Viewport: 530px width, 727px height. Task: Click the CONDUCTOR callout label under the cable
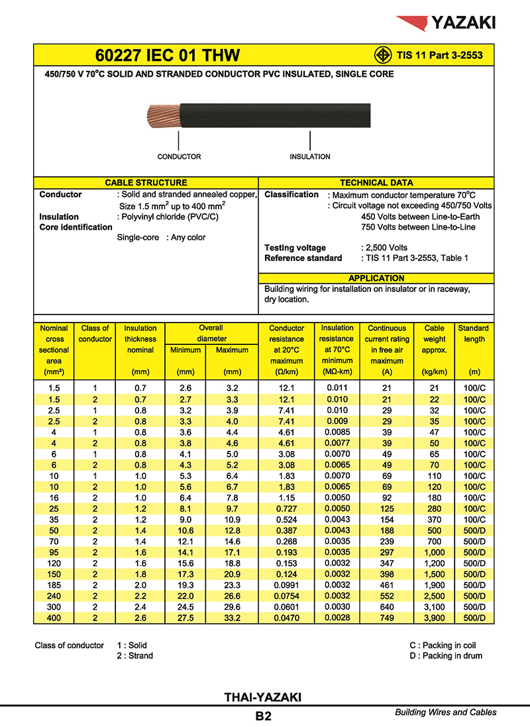[179, 157]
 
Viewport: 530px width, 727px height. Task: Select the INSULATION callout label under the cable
[309, 157]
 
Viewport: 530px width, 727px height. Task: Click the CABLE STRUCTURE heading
[146, 183]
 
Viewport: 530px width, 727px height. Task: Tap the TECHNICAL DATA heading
[376, 183]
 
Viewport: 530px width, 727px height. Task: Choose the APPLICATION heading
[376, 279]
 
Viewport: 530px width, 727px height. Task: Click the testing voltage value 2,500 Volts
[385, 248]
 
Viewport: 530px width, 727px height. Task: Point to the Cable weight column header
[434, 339]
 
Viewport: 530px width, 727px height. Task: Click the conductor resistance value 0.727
[286, 509]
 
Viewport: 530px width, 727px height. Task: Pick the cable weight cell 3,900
[434, 618]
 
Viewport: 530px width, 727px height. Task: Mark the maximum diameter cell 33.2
[233, 618]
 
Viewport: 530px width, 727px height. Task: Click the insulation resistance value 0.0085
[337, 432]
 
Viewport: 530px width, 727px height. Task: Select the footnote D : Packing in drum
[446, 656]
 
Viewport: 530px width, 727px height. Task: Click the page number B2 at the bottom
[263, 716]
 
